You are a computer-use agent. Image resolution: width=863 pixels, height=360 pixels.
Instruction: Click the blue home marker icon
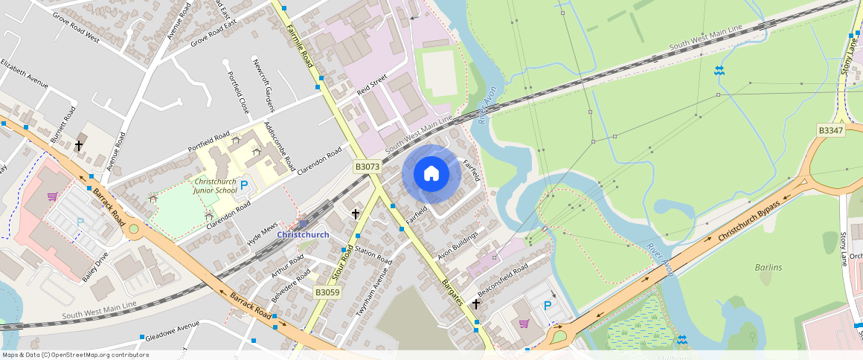point(431,175)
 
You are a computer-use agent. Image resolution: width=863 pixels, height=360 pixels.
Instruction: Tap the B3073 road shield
point(368,167)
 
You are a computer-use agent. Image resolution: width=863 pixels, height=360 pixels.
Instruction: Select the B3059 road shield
point(327,292)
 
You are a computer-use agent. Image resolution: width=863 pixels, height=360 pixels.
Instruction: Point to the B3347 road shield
point(830,130)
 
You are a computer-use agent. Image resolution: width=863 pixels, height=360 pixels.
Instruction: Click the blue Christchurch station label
point(303,235)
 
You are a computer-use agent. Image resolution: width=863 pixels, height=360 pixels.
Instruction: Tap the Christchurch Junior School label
point(216,186)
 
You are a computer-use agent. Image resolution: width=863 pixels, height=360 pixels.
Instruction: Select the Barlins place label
point(768,267)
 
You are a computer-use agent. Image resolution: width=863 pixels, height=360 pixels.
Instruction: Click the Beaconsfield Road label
point(503,277)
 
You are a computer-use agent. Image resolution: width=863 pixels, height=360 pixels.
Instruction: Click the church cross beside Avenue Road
point(78,145)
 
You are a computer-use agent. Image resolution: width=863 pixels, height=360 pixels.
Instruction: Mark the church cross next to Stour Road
point(356,214)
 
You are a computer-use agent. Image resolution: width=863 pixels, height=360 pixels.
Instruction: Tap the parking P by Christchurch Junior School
point(243,185)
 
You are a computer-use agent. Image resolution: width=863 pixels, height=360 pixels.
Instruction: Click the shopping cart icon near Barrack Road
point(52,197)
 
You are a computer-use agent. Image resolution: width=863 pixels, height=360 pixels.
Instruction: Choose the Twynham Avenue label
point(372,293)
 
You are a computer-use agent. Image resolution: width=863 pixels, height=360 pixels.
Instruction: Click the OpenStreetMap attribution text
point(74,355)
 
